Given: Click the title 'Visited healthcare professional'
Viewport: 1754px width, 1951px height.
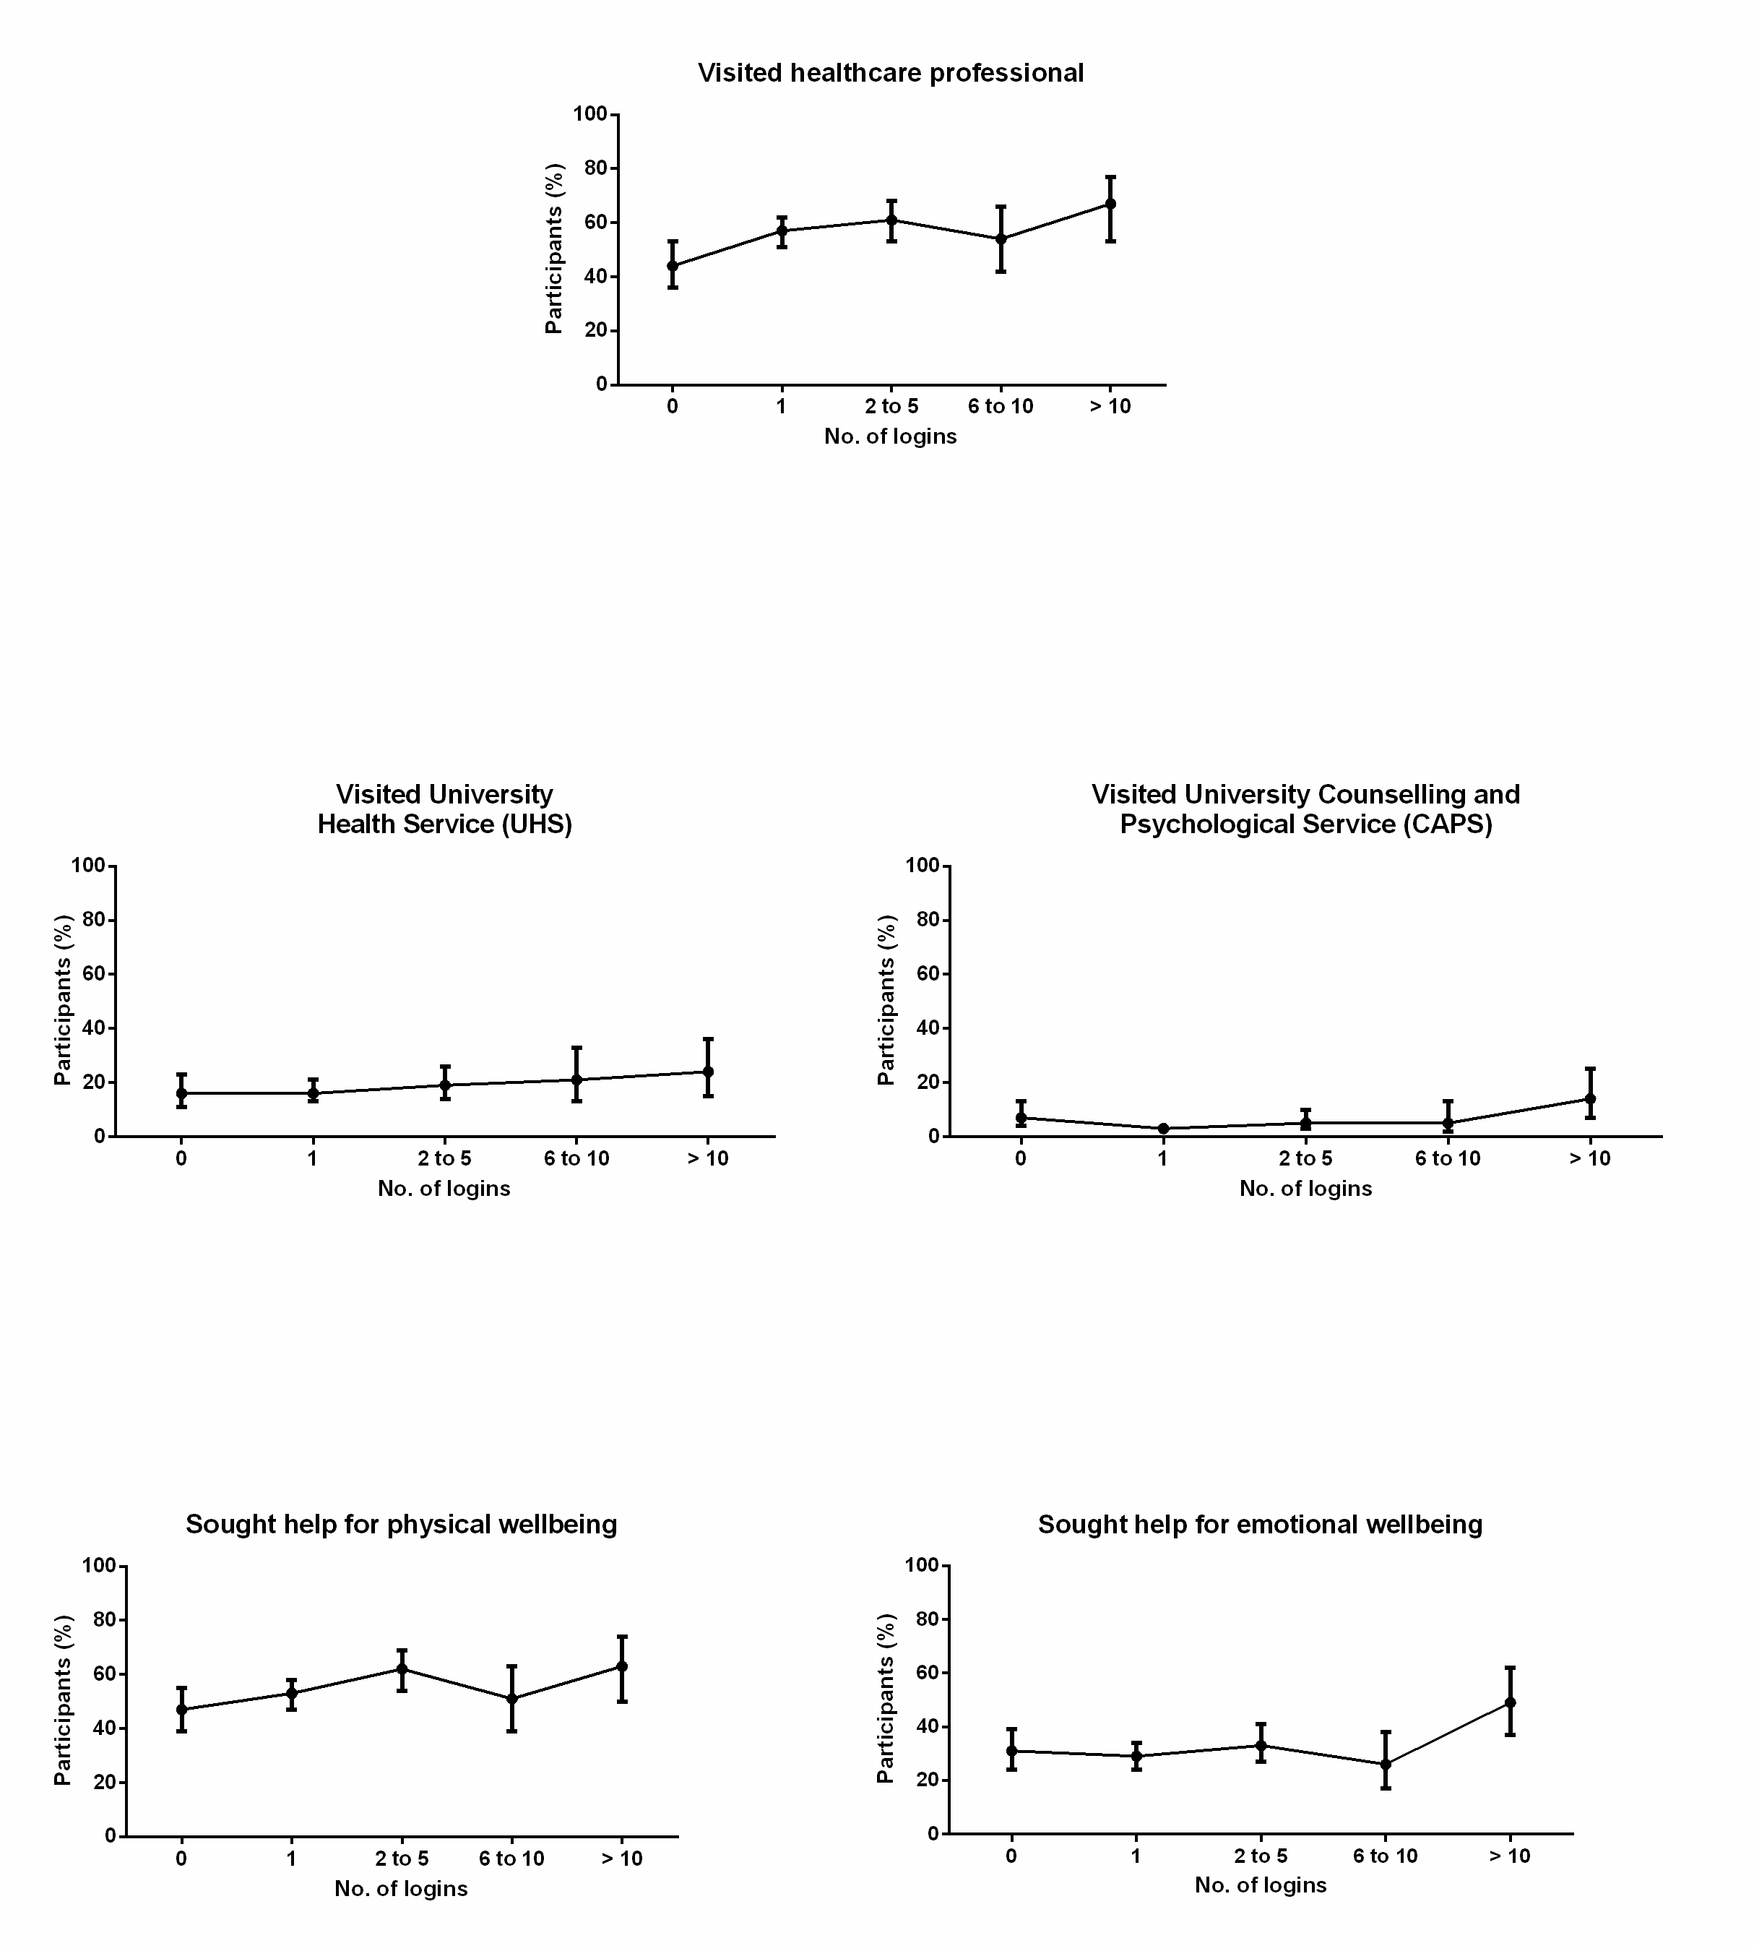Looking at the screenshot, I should pyautogui.click(x=891, y=73).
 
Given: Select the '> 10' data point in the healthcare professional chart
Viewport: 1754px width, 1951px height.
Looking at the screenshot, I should pyautogui.click(x=1110, y=203).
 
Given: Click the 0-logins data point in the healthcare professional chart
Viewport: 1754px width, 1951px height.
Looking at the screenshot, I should pyautogui.click(x=672, y=265).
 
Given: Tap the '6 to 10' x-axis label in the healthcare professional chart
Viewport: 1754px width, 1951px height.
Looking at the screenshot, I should pyautogui.click(x=1001, y=407).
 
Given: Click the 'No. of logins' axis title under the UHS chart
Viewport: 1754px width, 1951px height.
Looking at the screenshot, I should pyautogui.click(x=444, y=1189).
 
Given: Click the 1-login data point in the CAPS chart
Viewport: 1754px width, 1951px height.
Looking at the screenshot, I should pyautogui.click(x=1163, y=1129).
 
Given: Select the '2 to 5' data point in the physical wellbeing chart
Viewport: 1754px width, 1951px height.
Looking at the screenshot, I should pyautogui.click(x=402, y=1668).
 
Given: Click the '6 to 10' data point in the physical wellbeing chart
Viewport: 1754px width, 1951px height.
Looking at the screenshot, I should pyautogui.click(x=511, y=1698).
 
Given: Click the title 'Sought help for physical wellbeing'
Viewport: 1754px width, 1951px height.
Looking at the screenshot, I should pyautogui.click(x=401, y=1524).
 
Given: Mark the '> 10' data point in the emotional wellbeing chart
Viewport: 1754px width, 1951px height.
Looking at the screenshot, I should pyautogui.click(x=1510, y=1702).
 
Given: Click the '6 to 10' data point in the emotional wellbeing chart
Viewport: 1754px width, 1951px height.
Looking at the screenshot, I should pyautogui.click(x=1385, y=1764).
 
